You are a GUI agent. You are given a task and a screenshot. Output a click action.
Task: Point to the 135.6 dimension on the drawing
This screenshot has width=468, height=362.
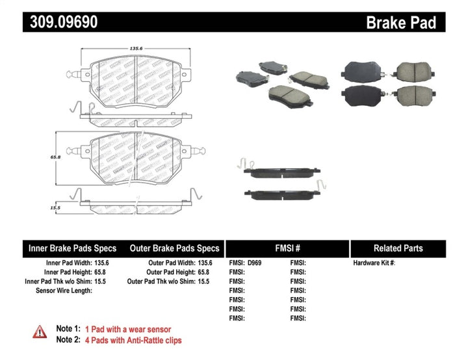point(118,47)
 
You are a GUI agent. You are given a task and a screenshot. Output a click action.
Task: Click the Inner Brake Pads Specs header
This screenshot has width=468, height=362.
point(73,248)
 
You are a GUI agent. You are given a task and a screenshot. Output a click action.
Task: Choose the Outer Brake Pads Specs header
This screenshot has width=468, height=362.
point(175,248)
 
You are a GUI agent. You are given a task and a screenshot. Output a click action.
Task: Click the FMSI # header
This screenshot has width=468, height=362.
point(287,248)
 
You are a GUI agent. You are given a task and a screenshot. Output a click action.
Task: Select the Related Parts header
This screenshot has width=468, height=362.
point(398,248)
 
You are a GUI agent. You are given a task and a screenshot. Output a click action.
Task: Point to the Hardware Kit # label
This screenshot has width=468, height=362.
point(374,263)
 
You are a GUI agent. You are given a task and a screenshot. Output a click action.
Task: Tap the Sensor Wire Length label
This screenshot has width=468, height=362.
point(64,291)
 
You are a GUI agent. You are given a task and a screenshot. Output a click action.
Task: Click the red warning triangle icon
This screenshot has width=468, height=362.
point(40,332)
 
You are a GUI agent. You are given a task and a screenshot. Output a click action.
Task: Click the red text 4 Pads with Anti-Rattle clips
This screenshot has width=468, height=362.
point(138,340)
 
